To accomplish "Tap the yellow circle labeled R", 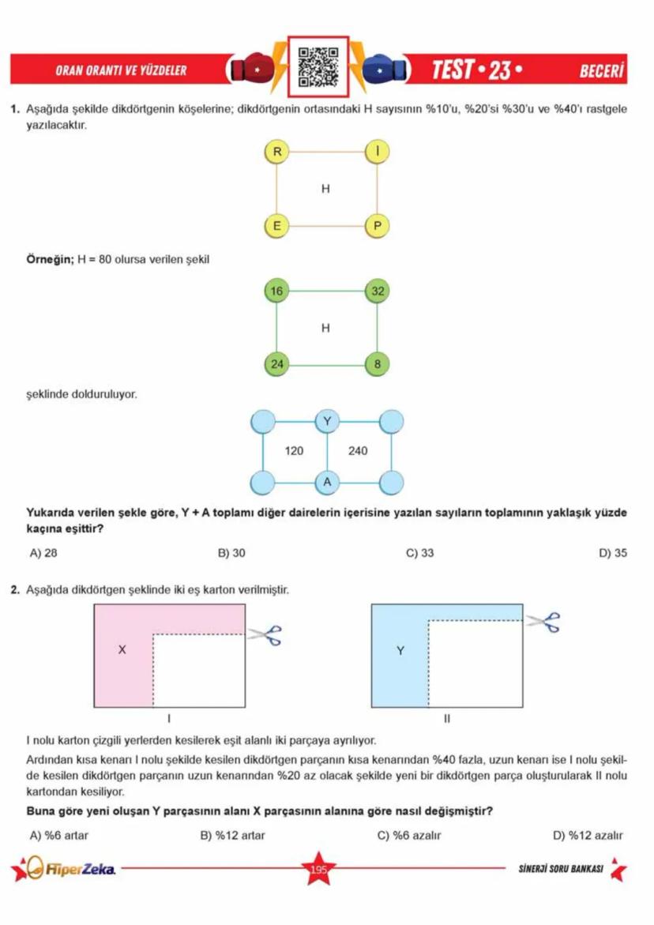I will [x=276, y=151].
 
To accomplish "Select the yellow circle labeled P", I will [x=377, y=226].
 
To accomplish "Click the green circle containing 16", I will [x=276, y=291].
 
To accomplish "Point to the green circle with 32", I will [x=377, y=291].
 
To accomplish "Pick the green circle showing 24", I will [x=276, y=364].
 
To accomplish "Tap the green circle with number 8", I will [x=377, y=364].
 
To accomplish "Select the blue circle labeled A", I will [x=326, y=481].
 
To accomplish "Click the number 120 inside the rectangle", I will [x=294, y=451].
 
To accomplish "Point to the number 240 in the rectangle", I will [x=358, y=451].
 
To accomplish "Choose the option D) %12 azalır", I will [x=589, y=835].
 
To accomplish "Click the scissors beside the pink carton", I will [x=265, y=633].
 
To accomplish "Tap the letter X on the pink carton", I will [x=122, y=650].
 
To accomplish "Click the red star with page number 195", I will [x=318, y=870].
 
